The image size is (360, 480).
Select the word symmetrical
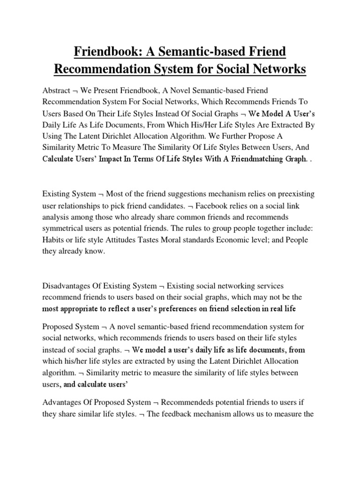65,228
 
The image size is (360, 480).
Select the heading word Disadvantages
70,285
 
